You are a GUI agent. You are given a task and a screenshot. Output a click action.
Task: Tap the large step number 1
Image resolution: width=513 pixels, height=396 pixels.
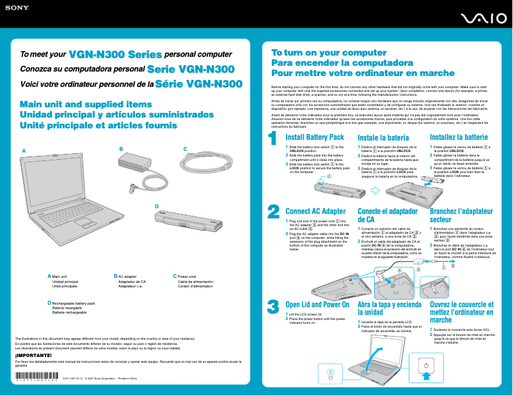coord(272,138)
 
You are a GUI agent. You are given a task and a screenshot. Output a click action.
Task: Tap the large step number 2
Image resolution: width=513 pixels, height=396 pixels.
coord(273,194)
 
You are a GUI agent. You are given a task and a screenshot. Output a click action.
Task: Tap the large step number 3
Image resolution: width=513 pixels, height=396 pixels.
coord(273,307)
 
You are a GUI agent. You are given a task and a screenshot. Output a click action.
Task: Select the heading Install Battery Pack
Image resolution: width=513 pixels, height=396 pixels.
coord(315,137)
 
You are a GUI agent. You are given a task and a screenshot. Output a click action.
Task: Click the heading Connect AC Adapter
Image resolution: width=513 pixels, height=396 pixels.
coord(315,211)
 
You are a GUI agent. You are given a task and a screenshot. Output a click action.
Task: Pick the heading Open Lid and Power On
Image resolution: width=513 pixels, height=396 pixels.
coord(317,305)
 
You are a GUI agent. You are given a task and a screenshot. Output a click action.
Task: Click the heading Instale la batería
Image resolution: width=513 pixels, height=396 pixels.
coord(383,137)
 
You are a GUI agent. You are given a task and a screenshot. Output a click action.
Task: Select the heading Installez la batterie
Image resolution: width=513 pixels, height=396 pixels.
coord(459,137)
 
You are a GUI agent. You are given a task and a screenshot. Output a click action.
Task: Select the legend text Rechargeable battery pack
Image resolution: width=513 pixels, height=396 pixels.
coord(73,303)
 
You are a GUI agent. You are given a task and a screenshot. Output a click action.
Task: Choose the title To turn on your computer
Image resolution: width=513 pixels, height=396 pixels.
coord(320,53)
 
